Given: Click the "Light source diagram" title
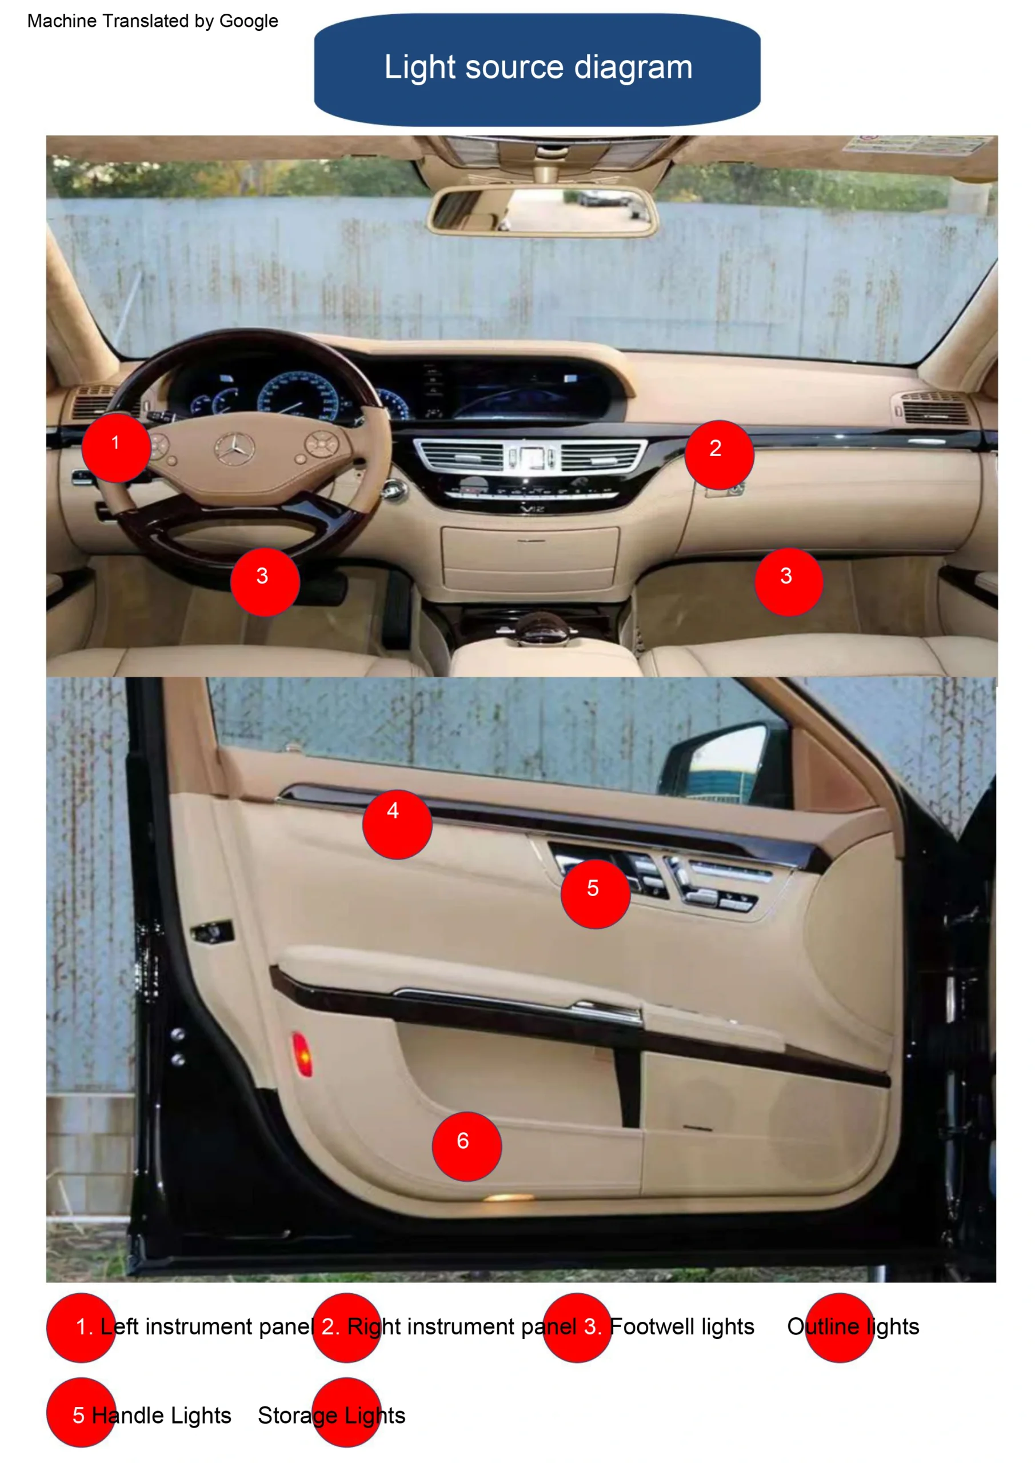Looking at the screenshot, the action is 538,67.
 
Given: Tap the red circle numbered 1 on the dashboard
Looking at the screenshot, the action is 116,447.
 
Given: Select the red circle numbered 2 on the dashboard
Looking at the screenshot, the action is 720,454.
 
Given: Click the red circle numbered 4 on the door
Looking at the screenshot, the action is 397,825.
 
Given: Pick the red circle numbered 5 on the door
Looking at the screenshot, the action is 596,894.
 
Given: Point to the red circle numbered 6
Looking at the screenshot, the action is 467,1147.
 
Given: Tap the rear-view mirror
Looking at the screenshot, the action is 542,210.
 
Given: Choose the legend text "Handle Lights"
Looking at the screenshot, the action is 161,1415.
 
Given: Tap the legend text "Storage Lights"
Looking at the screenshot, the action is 331,1415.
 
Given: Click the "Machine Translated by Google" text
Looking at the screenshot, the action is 153,21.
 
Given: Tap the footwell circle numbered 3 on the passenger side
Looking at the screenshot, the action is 789,582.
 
